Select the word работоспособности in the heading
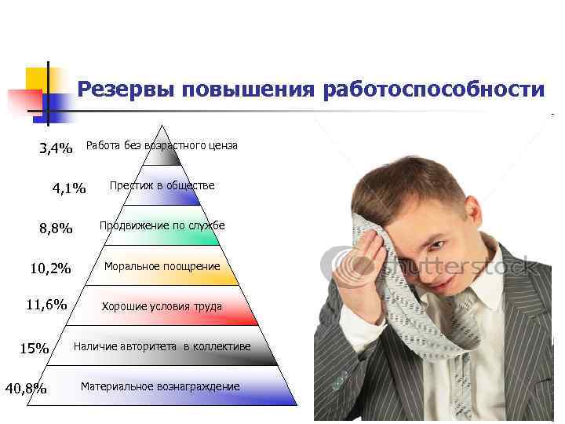click(x=432, y=90)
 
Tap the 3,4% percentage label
click(x=56, y=148)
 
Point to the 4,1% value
click(x=69, y=188)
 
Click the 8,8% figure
click(x=56, y=228)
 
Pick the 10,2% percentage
click(x=50, y=269)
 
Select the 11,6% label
click(x=46, y=305)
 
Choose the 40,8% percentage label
click(x=26, y=388)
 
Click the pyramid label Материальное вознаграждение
click(x=160, y=387)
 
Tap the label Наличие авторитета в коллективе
click(x=162, y=346)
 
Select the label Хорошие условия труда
click(x=162, y=306)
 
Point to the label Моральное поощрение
click(x=162, y=266)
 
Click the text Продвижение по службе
click(x=162, y=225)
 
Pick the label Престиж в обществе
click(x=162, y=185)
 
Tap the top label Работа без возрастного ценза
click(x=162, y=145)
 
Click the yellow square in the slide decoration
click(x=36, y=79)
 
